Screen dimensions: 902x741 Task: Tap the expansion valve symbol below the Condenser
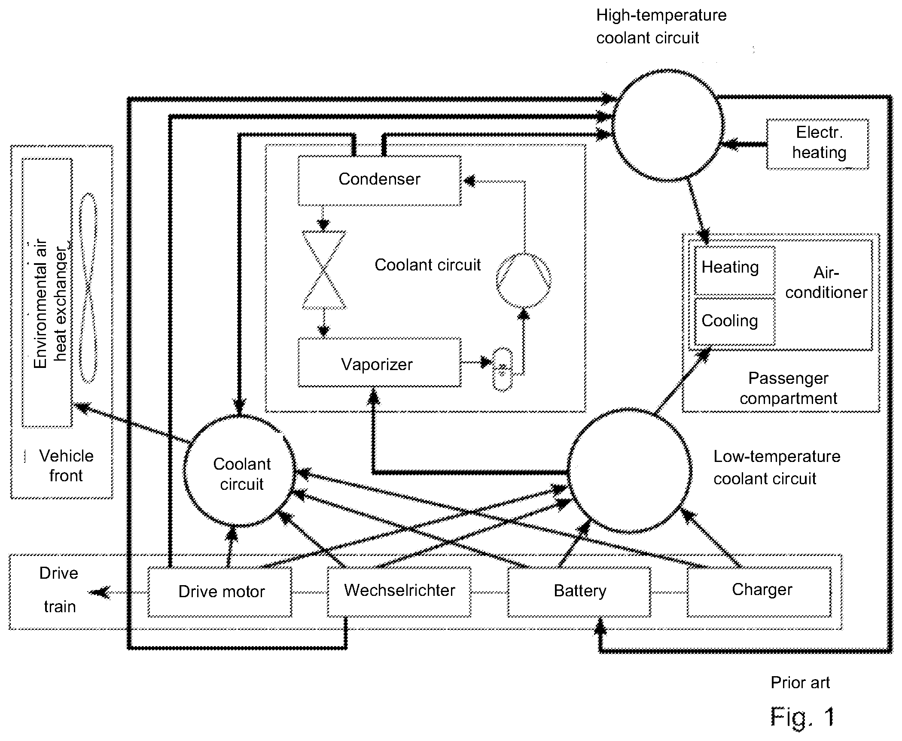pos(324,270)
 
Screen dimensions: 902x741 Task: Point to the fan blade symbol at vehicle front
pos(89,288)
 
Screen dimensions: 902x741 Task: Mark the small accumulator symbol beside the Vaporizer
pos(502,369)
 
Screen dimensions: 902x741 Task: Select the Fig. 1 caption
pos(802,717)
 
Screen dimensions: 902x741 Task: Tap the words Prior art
pos(800,682)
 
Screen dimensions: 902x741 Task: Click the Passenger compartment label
pos(788,388)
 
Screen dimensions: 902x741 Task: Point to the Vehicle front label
pos(66,466)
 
